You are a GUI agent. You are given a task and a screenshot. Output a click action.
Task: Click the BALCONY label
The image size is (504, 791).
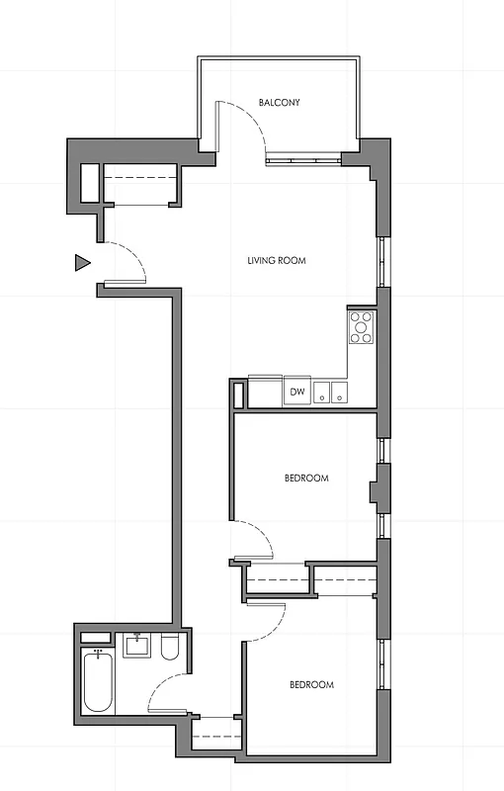[x=279, y=103]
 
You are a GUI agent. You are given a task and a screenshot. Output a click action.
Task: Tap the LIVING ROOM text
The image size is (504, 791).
[x=277, y=262]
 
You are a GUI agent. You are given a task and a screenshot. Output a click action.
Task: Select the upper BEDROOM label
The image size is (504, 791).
[x=306, y=479]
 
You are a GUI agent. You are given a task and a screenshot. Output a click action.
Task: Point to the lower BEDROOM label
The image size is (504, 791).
[x=311, y=685]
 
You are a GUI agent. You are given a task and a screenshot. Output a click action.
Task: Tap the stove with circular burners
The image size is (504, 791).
[x=362, y=327]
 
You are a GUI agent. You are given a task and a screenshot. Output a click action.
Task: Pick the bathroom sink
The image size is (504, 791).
[x=135, y=648]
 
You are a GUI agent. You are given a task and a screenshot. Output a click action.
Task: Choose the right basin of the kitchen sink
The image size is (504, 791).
[x=339, y=393]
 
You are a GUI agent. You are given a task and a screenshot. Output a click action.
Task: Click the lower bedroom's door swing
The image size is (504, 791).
[x=267, y=618]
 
